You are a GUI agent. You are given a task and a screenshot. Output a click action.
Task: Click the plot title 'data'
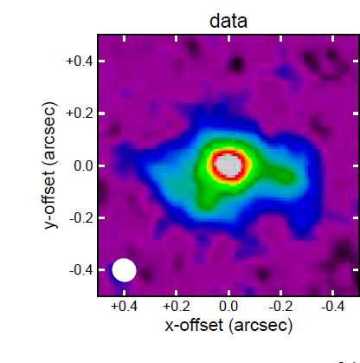pyautogui.click(x=228, y=21)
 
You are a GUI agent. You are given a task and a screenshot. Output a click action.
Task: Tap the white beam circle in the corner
pyautogui.click(x=124, y=270)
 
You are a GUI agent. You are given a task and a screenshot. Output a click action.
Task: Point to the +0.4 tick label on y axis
pyautogui.click(x=80, y=62)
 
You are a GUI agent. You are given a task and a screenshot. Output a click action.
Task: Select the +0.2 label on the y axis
pyautogui.click(x=80, y=113)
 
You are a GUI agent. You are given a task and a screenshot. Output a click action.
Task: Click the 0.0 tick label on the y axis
pyautogui.click(x=83, y=165)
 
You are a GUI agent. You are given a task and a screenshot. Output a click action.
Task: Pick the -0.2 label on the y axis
pyautogui.click(x=81, y=217)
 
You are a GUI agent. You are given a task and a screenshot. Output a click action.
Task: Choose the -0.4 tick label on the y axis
pyautogui.click(x=81, y=270)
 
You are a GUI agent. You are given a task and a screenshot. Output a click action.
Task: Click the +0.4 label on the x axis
pyautogui.click(x=124, y=306)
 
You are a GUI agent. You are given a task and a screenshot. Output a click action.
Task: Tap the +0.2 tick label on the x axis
pyautogui.click(x=177, y=306)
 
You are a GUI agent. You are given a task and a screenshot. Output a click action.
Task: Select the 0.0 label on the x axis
pyautogui.click(x=228, y=306)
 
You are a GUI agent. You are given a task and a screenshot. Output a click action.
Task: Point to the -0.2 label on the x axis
pyautogui.click(x=280, y=306)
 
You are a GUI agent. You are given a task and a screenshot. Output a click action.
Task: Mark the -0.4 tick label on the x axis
pyautogui.click(x=333, y=306)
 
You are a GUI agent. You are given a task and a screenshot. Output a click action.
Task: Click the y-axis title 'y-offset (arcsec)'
pyautogui.click(x=50, y=165)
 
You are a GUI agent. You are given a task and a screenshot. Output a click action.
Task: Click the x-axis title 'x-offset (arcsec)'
pyautogui.click(x=228, y=326)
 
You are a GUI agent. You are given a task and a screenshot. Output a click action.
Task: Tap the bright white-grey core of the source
pyautogui.click(x=228, y=165)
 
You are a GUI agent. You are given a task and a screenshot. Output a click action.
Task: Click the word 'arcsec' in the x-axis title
pyautogui.click(x=260, y=326)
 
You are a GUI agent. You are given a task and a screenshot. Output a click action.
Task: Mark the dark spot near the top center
pyautogui.click(x=236, y=64)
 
